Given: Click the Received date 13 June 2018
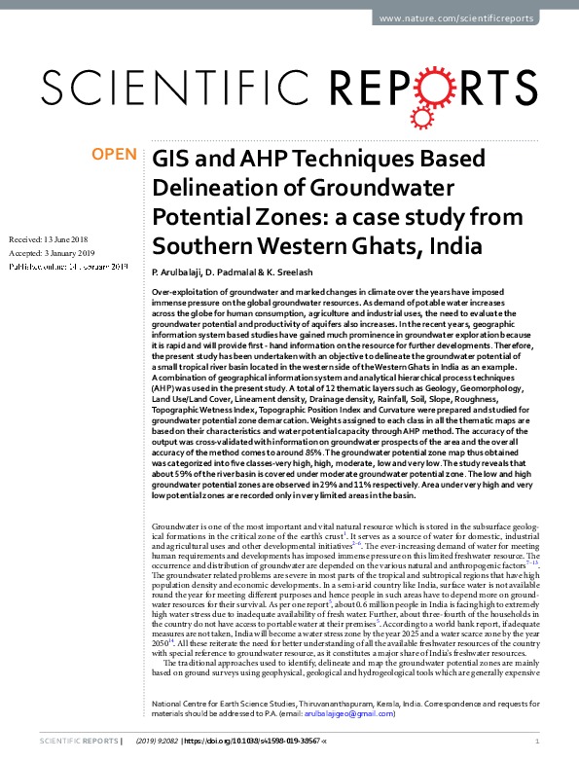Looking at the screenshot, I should pyautogui.click(x=65, y=238).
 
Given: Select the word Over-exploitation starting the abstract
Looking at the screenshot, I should pyautogui.click(x=184, y=292).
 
